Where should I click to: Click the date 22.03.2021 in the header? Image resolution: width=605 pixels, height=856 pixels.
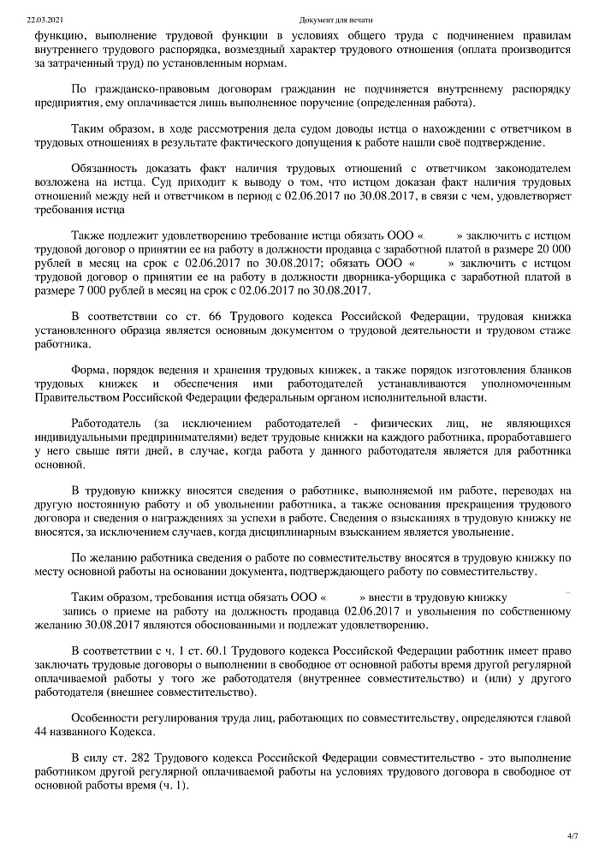39,18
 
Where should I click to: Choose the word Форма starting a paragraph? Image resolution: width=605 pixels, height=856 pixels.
89,369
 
